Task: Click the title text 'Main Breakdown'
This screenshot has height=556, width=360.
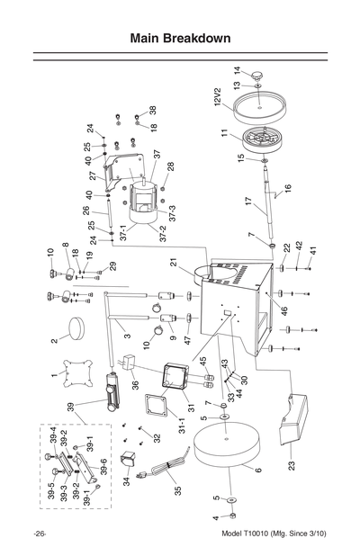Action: (180, 39)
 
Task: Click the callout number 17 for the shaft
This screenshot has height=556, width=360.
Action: (249, 203)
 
